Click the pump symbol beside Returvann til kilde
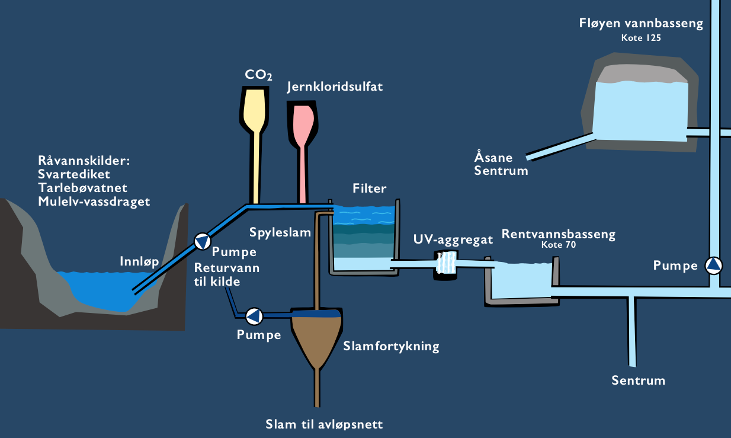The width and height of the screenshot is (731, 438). coord(254,316)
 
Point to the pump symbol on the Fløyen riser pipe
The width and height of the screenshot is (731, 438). coord(714,265)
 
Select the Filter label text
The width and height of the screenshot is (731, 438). coord(369,189)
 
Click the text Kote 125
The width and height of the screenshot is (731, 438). coord(640,38)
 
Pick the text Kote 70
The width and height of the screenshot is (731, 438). coord(559,244)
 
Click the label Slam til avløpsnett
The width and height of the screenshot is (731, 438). coord(325,424)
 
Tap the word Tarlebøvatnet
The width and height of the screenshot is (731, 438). coord(82,188)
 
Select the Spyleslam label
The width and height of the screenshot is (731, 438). coord(280,232)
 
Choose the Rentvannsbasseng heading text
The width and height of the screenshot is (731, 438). coord(559,234)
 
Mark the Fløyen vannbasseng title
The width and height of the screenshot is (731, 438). coord(640,24)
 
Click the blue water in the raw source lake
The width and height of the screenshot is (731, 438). coord(101,287)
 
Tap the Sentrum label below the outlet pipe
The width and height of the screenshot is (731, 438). coord(638,381)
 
